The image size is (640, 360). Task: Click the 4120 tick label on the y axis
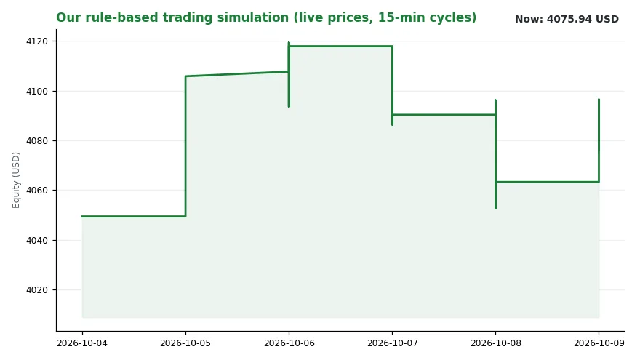pos(37,41)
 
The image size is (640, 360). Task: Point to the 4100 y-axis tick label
pos(37,92)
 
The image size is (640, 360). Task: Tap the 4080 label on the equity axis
pos(37,141)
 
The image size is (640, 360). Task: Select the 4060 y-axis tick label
pos(37,191)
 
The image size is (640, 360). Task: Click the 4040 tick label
pos(37,241)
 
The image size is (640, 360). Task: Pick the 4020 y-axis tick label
pos(37,289)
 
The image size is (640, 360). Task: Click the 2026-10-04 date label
pos(82,343)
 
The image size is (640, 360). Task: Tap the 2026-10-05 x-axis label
pos(185,343)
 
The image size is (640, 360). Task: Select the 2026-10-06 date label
pos(289,343)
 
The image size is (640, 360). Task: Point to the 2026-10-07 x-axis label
pos(392,343)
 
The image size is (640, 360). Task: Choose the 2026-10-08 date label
pos(495,343)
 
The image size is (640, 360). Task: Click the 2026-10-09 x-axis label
pos(599,343)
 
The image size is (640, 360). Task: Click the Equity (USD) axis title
pos(16,180)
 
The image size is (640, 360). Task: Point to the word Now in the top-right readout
pos(529,19)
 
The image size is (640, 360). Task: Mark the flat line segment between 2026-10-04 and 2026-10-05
pos(134,216)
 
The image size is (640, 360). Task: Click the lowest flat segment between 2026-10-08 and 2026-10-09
pos(548,182)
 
